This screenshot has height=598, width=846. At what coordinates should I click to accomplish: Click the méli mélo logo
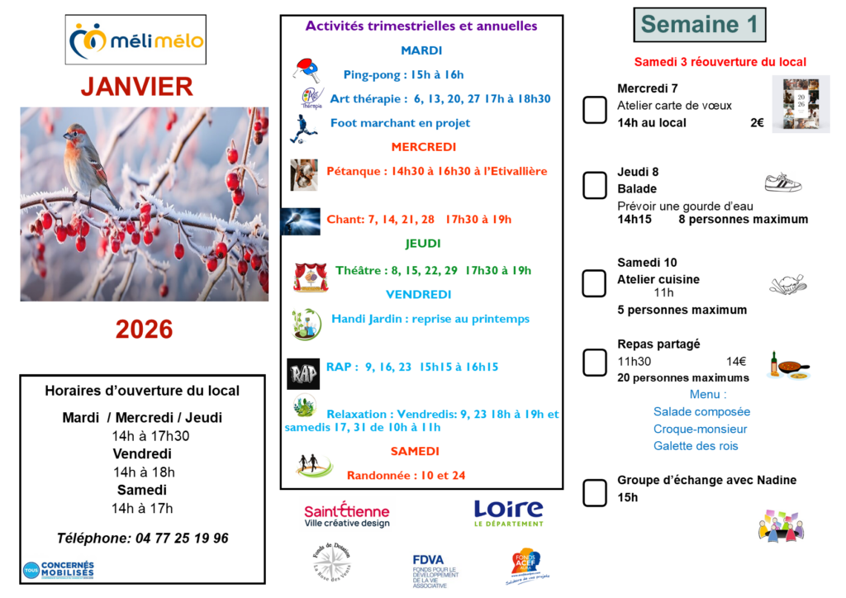point(136,40)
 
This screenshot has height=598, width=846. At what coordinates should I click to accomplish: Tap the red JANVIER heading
point(137,87)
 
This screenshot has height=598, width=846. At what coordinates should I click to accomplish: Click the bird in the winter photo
point(89,161)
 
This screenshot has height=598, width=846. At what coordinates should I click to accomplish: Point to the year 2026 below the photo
point(144,330)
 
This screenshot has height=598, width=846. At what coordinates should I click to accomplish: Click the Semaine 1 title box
point(699,25)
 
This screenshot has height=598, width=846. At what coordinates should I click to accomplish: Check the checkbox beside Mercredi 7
point(595,110)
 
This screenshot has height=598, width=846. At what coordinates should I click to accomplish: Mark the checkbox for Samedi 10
point(595,283)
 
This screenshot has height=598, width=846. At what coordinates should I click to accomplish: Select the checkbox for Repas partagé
point(595,362)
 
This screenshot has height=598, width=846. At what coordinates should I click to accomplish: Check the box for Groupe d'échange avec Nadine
point(595,492)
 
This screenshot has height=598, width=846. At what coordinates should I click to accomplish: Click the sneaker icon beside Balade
point(782,182)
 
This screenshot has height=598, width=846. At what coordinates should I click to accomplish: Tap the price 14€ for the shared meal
point(736,361)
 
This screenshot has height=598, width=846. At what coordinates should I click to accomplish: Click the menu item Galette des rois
point(695,446)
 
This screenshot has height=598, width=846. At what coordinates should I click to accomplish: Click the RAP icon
point(302,373)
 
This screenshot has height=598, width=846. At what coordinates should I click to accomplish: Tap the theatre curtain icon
point(311,277)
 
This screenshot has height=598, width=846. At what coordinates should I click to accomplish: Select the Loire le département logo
point(508,513)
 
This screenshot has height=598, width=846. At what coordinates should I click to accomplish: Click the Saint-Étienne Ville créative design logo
point(346,515)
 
